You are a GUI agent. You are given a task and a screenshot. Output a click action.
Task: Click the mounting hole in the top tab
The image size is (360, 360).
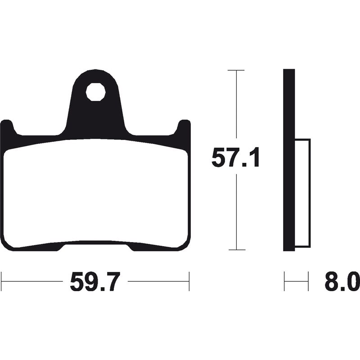click(96, 93)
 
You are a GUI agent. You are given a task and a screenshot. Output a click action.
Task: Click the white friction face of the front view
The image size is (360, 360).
click(96, 193)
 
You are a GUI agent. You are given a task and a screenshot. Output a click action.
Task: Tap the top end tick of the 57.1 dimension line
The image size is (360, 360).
click(236, 71)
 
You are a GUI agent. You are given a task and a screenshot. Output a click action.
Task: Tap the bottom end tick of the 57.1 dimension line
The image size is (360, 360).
click(236, 250)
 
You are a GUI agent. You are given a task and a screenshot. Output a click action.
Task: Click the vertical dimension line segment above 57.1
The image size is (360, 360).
click(236, 108)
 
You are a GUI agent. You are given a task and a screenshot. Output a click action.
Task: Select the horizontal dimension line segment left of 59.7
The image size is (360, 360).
click(31, 281)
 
